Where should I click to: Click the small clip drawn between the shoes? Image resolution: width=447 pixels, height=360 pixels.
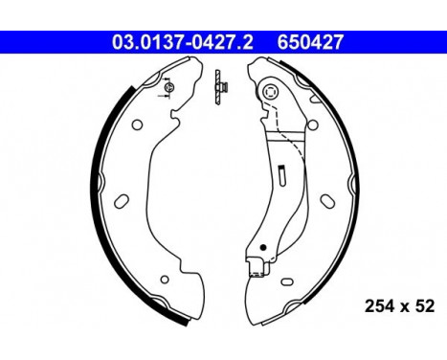click(x=218, y=87)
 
